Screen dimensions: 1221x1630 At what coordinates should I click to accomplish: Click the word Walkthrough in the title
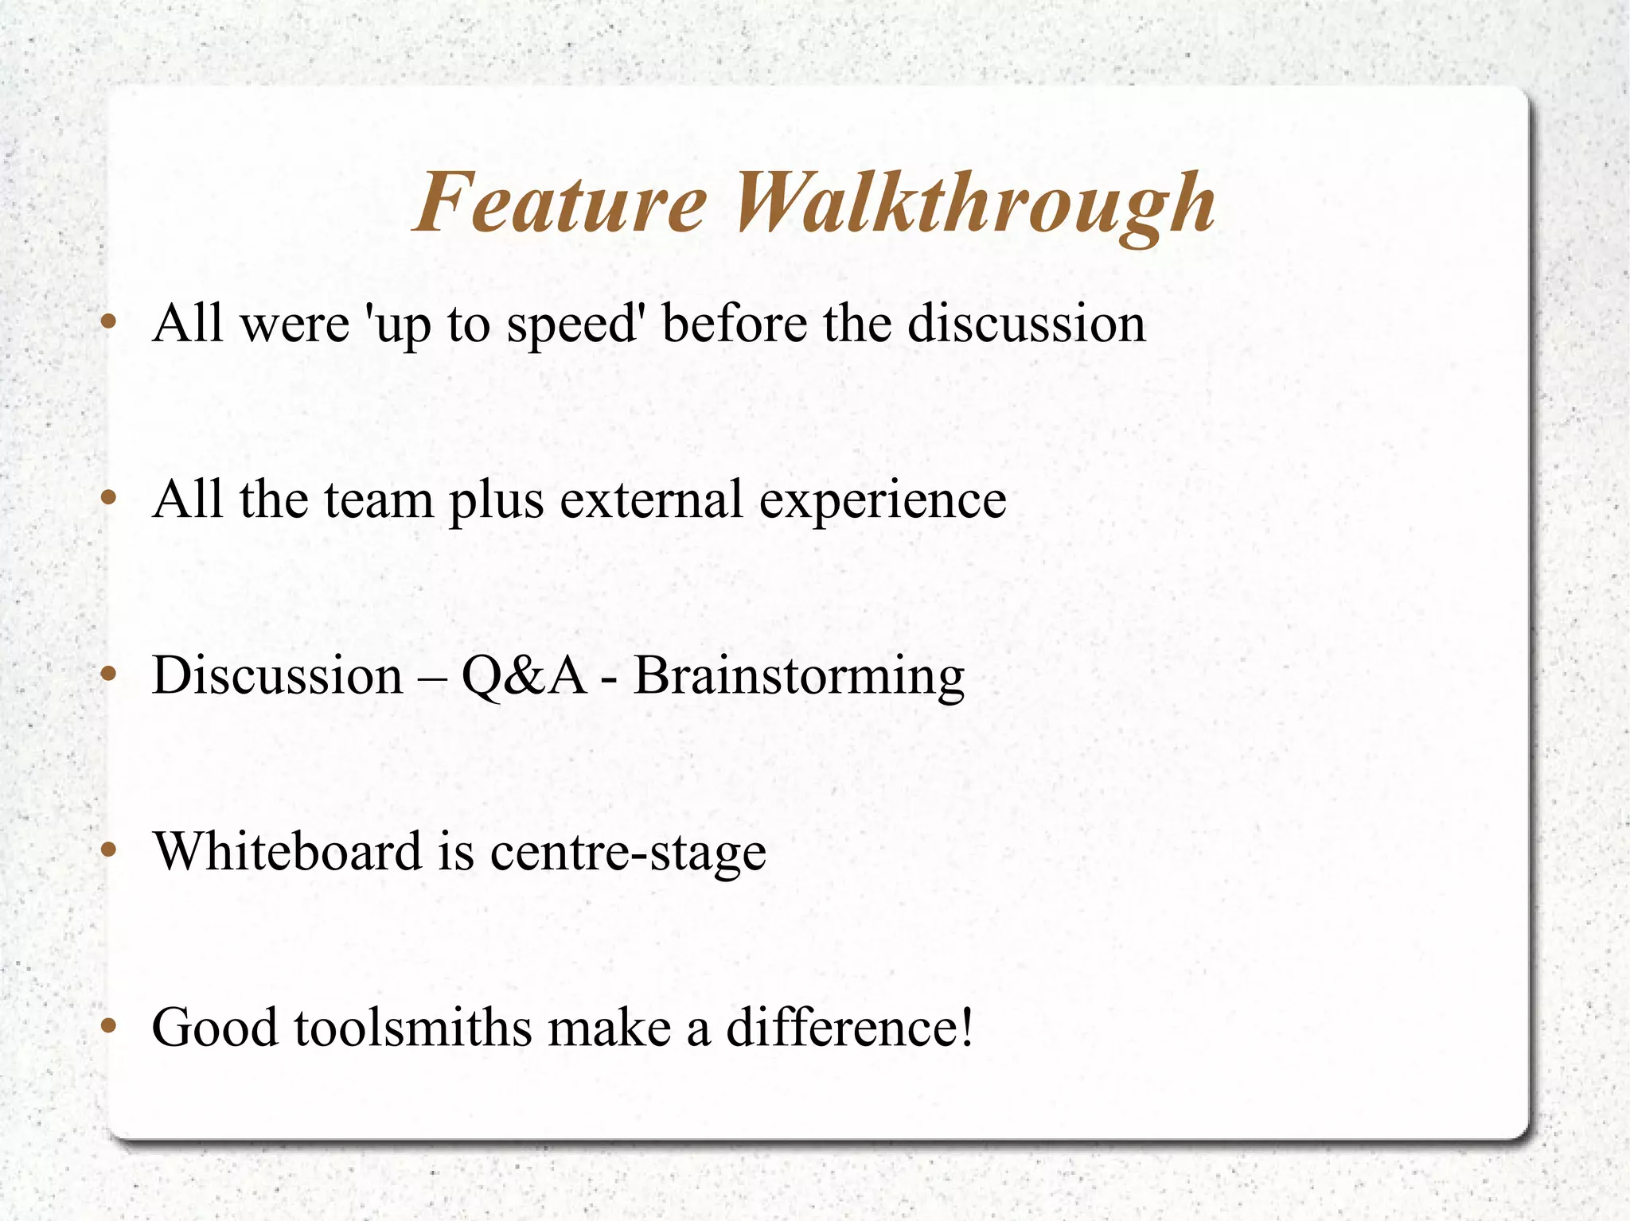pyautogui.click(x=973, y=205)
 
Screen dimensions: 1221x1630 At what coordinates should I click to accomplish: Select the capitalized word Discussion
pyautogui.click(x=277, y=675)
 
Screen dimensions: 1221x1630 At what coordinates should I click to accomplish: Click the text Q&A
pyautogui.click(x=523, y=677)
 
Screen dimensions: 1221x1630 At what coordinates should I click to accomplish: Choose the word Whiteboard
pyautogui.click(x=287, y=851)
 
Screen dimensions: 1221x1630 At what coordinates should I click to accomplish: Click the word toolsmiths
pyautogui.click(x=412, y=1027)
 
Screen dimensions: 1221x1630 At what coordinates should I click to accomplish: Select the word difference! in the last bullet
pyautogui.click(x=849, y=1027)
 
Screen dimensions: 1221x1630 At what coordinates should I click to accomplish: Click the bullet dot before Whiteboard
pyautogui.click(x=109, y=850)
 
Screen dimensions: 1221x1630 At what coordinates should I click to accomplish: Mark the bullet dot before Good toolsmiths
pyautogui.click(x=109, y=1026)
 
